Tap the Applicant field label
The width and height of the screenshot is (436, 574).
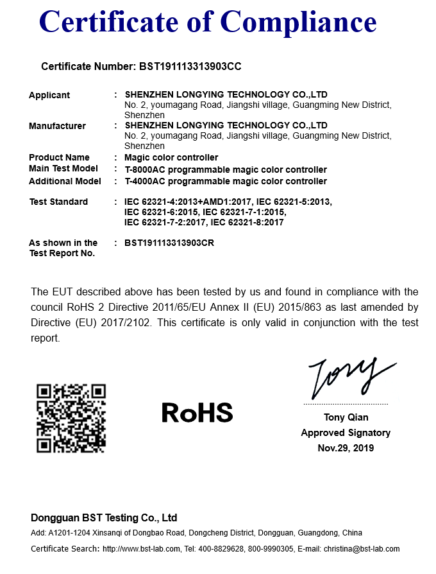[x=49, y=95]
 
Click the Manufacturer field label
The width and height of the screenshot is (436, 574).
[x=57, y=126]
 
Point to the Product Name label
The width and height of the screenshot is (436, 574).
[x=59, y=157]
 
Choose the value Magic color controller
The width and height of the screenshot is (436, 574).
[x=171, y=157]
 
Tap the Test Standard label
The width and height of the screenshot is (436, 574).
[x=58, y=202]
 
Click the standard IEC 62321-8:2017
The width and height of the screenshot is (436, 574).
[x=247, y=222]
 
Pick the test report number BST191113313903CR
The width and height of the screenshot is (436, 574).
[x=169, y=243]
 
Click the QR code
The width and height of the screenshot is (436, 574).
[x=71, y=418]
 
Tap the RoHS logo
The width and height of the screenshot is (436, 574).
[x=197, y=412]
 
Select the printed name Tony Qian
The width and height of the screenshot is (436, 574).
[x=346, y=417]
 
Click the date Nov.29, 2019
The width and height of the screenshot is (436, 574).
[x=346, y=448]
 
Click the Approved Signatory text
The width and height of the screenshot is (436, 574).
[x=346, y=433]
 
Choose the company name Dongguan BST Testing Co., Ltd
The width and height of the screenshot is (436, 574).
[x=104, y=517]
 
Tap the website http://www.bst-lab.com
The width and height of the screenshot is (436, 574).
[x=140, y=549]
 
